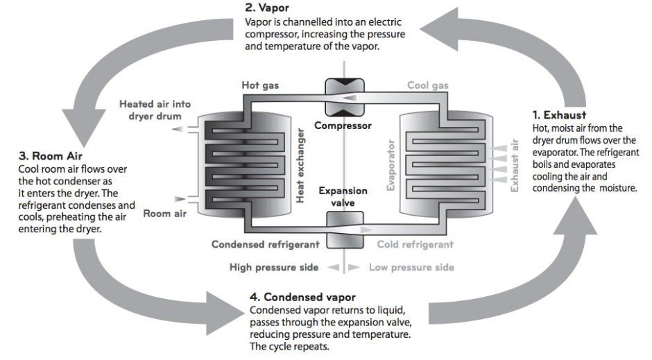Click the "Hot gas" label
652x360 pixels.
[260, 85]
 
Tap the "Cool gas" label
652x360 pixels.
[427, 85]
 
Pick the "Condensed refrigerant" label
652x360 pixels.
[265, 244]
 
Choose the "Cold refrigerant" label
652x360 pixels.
[415, 244]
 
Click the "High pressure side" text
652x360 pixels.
[274, 267]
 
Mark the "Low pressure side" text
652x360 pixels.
[411, 267]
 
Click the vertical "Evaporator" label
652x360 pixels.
[391, 165]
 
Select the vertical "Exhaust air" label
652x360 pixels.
[514, 166]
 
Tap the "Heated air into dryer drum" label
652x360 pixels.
[154, 110]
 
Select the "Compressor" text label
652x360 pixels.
[343, 126]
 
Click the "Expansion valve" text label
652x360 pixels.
[343, 196]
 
